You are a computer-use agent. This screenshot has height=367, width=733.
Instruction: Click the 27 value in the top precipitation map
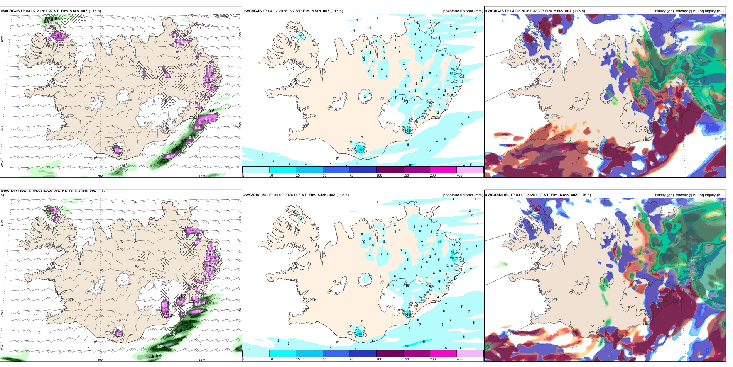(x=361, y=150)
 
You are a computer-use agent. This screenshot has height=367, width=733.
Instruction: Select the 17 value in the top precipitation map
(x=453, y=70)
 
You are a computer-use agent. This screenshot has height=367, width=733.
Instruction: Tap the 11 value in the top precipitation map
(x=443, y=55)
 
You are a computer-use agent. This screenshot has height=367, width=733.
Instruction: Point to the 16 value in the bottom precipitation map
(x=439, y=242)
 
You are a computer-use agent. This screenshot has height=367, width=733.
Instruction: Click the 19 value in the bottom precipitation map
(x=453, y=252)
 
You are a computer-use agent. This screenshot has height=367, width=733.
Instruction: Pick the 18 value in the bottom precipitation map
(x=409, y=314)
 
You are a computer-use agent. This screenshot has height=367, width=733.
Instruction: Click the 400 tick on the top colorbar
(x=459, y=175)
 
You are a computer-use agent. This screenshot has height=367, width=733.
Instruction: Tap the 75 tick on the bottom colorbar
(x=351, y=359)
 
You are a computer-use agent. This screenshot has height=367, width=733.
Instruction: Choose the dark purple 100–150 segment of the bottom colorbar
(x=390, y=353)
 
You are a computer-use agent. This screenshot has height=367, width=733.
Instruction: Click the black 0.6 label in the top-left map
(x=211, y=111)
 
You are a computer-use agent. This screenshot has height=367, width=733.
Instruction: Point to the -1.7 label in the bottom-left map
(x=183, y=228)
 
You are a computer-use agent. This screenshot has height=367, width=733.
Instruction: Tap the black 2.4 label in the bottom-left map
(x=188, y=327)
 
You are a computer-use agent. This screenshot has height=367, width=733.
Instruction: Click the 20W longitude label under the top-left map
(x=100, y=176)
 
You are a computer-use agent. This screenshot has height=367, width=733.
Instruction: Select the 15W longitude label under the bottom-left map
(x=202, y=360)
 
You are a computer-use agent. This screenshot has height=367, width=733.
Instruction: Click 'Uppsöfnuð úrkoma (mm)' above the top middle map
(x=462, y=11)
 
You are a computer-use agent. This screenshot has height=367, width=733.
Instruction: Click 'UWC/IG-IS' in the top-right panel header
(x=494, y=11)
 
